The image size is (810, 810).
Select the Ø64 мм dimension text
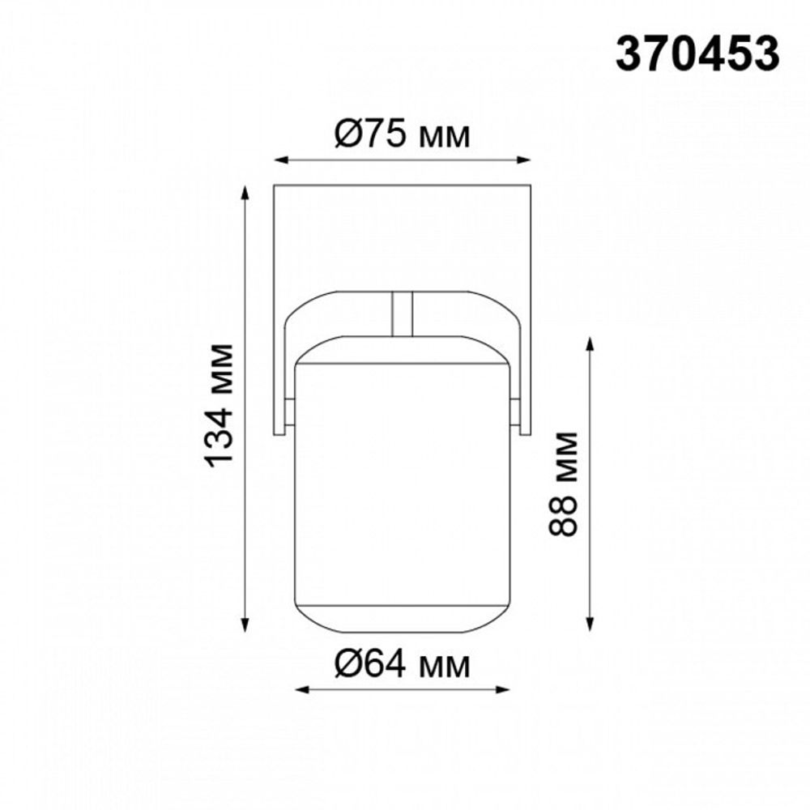tap(403, 666)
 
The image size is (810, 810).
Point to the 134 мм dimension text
tap(220, 405)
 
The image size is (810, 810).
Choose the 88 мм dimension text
tap(563, 484)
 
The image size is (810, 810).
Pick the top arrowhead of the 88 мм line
tap(590, 342)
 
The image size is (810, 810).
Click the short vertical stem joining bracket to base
tap(403, 313)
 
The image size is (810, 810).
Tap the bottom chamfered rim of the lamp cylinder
tap(403, 619)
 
